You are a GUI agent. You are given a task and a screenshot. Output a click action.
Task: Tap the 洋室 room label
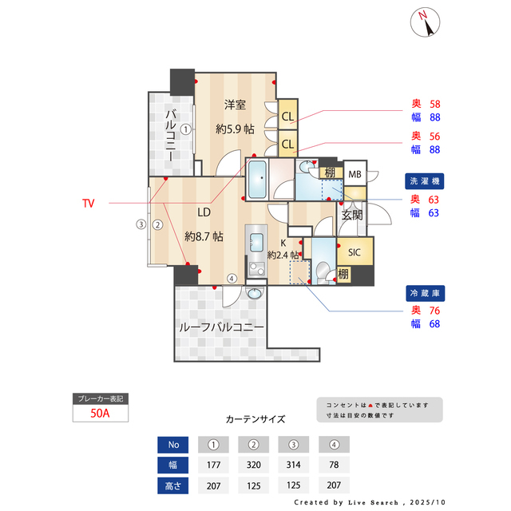235,105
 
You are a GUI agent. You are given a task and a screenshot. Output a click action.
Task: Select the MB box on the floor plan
355,174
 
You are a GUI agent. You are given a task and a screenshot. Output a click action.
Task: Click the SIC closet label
355,252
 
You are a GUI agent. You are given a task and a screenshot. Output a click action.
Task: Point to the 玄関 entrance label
352,215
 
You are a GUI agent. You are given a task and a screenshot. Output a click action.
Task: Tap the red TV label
88,204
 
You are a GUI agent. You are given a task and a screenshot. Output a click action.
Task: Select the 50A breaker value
101,413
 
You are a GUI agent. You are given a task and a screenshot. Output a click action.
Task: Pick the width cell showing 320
253,465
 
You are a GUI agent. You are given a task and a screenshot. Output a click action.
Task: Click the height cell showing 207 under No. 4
334,485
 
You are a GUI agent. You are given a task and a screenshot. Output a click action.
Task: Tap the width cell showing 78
334,465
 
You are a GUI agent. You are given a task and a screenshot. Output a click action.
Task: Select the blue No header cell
174,445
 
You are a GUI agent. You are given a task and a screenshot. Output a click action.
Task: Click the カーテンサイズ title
255,418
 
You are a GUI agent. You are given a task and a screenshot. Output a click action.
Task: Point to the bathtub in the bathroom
256,180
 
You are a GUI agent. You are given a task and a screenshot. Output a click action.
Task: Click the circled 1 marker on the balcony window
185,128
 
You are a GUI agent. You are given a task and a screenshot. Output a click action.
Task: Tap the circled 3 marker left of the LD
141,224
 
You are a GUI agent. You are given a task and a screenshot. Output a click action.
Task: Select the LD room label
204,212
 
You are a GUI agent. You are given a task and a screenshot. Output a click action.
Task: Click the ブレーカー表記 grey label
101,398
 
